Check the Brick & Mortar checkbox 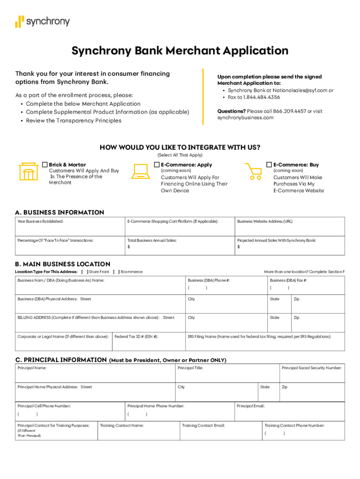pos(45,165)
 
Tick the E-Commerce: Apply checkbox pos(157,165)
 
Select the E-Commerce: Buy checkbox pos(269,165)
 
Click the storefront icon pos(28,172)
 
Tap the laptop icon pos(140,172)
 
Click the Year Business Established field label pos(40,221)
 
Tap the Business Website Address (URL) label pos(265,221)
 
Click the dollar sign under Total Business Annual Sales pos(129,247)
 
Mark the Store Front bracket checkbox pos(85,272)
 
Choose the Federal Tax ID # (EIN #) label pos(136,336)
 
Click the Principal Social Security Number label pos(311,368)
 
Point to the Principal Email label pos(251,406)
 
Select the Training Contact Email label pos(203,426)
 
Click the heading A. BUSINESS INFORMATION pos(59,212)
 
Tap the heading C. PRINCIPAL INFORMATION pos(61,360)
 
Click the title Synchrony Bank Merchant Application pos(180,51)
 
